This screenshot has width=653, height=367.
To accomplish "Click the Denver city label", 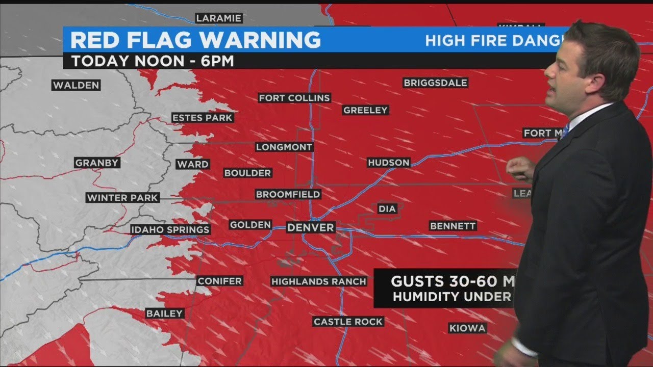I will [x=311, y=228].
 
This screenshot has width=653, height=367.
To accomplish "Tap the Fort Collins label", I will [x=294, y=98].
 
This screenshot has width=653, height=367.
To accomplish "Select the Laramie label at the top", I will [x=218, y=18].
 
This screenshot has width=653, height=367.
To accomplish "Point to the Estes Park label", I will [x=202, y=118].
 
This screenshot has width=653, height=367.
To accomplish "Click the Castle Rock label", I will [x=348, y=322].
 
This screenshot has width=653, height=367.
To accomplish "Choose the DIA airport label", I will [x=387, y=208].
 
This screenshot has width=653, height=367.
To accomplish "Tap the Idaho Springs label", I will [x=170, y=229].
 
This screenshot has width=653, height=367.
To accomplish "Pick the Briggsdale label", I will [x=435, y=83].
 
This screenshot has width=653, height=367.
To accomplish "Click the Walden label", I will [x=76, y=85].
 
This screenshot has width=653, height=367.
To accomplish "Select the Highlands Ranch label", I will [x=318, y=281].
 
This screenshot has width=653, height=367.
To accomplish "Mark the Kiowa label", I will [x=467, y=328].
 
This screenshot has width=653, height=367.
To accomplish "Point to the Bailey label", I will [x=164, y=313].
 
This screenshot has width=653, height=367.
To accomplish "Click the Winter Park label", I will [x=122, y=198].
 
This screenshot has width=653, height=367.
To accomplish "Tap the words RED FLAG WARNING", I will [x=195, y=40].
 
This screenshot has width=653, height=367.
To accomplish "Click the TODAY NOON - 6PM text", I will [x=153, y=61].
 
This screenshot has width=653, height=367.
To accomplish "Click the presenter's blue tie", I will [x=565, y=130].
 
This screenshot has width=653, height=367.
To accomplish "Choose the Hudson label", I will [x=389, y=163].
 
